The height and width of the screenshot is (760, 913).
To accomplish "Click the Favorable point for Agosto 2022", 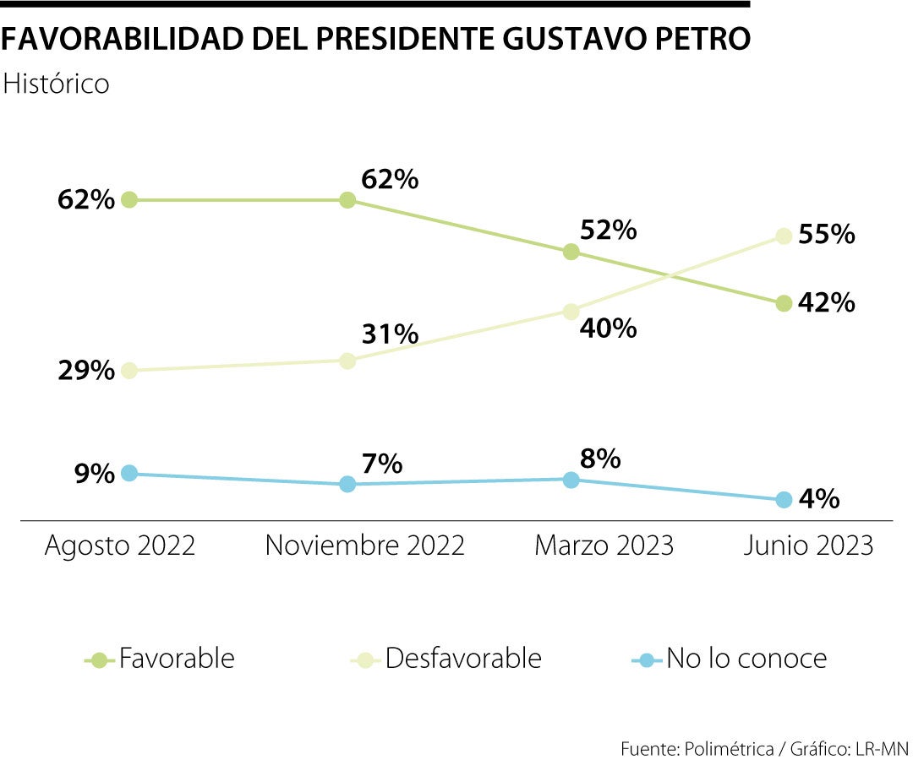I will click(129, 200).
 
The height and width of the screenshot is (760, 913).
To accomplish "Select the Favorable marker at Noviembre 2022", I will click(347, 200).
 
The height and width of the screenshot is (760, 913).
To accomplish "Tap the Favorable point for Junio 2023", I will click(784, 303).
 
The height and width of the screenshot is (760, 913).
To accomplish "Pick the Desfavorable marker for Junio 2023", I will click(784, 236).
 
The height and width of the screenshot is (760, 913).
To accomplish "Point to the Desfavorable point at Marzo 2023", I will click(571, 312).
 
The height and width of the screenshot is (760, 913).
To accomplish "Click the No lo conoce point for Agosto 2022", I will click(129, 473).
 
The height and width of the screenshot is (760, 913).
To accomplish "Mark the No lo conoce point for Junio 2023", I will click(784, 500).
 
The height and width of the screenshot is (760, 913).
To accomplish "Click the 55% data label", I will click(827, 234).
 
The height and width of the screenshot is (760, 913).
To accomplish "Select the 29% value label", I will click(86, 371).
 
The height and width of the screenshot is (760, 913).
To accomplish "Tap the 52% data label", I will click(608, 231).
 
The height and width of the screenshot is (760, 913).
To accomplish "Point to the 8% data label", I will click(600, 459).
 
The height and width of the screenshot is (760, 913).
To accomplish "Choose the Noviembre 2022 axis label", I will click(365, 546).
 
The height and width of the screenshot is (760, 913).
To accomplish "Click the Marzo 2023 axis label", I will click(604, 546).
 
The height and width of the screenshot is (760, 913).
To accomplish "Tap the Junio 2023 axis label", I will click(808, 546).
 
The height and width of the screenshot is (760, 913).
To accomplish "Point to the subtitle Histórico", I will click(57, 84).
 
